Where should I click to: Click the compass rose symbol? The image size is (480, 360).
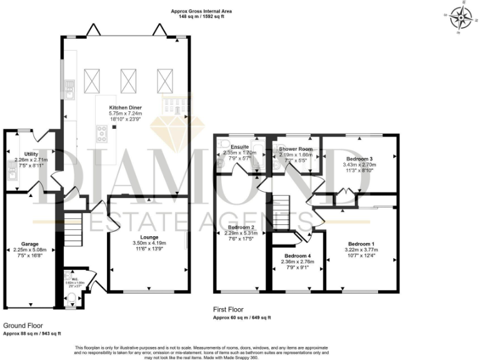(x=461, y=19)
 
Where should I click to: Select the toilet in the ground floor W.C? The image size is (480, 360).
(x=71, y=297)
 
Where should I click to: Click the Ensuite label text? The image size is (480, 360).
(x=240, y=146)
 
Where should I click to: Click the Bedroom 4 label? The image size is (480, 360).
(x=297, y=256)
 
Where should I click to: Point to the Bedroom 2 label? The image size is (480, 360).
(x=240, y=227)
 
